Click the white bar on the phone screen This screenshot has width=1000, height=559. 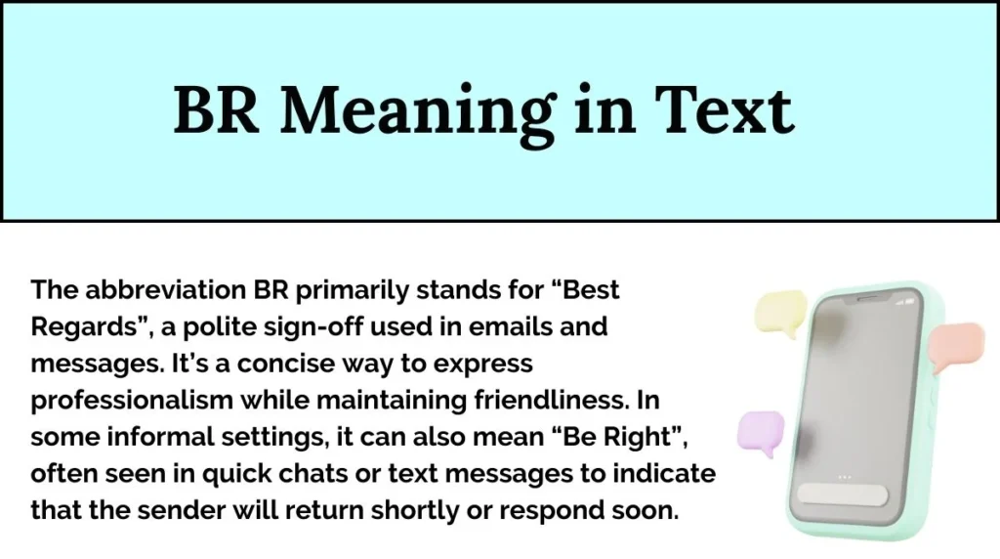pyautogui.click(x=844, y=494)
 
